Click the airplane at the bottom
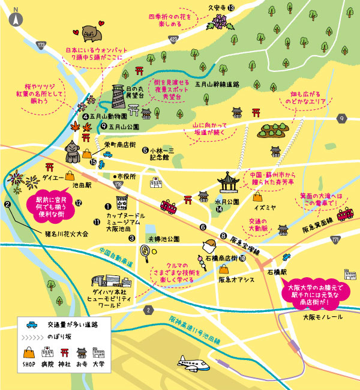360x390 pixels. click(194, 362)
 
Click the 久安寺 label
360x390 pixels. click(215, 7)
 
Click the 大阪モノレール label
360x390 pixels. click(321, 316)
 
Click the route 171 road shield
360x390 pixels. click(335, 239)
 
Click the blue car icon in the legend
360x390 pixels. click(30, 325)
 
